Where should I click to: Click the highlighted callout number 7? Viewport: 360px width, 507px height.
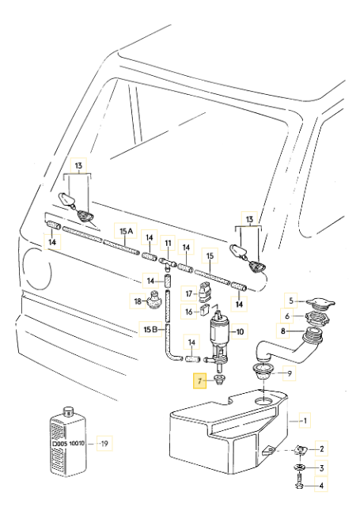click(201, 380)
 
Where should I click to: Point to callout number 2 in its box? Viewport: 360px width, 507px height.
click(322, 449)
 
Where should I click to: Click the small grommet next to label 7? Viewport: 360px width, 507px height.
click(219, 382)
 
